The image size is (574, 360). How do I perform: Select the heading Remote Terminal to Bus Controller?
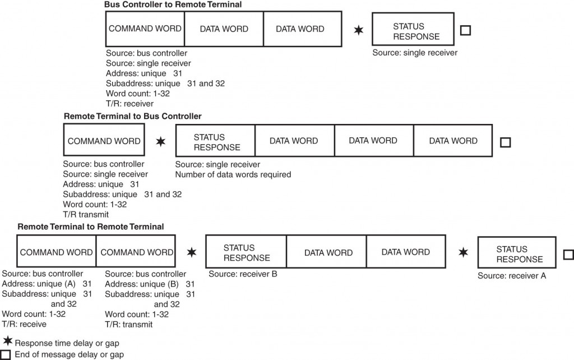[133, 116]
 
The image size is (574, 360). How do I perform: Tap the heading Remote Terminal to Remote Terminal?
[91, 227]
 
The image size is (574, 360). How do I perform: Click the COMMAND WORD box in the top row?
[145, 29]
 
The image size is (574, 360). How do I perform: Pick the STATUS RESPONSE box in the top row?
[409, 31]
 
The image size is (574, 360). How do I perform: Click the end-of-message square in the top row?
[465, 30]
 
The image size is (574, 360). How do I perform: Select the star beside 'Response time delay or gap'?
[8, 341]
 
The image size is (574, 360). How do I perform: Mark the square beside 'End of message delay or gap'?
[6, 354]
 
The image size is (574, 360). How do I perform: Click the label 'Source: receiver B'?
[243, 274]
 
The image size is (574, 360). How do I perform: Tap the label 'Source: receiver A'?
[512, 276]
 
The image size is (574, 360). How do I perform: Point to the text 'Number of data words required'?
[233, 174]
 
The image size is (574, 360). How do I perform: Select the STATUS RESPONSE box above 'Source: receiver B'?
[247, 252]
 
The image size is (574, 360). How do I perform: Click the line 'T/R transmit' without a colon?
[86, 214]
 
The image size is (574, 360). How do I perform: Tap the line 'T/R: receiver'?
[129, 103]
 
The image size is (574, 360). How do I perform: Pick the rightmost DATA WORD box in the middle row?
[453, 141]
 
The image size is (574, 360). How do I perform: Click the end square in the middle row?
[505, 142]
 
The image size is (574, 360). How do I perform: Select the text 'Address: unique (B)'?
[142, 284]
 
